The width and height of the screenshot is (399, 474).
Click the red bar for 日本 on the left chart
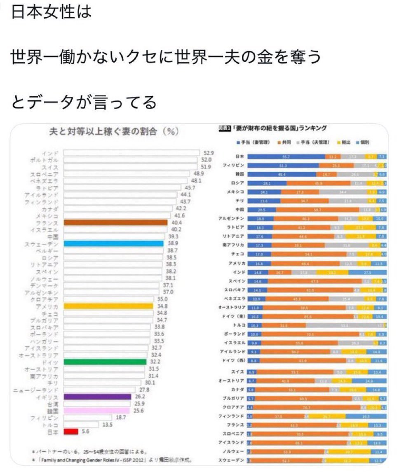[x=71, y=432]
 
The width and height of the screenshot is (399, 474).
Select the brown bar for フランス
[x=115, y=222]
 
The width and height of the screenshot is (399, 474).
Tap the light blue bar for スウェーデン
[x=114, y=244]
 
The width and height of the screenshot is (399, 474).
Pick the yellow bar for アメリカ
[x=108, y=306]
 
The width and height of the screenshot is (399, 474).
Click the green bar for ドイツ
[x=105, y=362]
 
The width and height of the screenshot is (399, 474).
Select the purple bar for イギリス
[x=97, y=397]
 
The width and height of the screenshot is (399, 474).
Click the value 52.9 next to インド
[x=207, y=153]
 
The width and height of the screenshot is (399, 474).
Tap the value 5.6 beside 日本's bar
[x=85, y=432]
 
